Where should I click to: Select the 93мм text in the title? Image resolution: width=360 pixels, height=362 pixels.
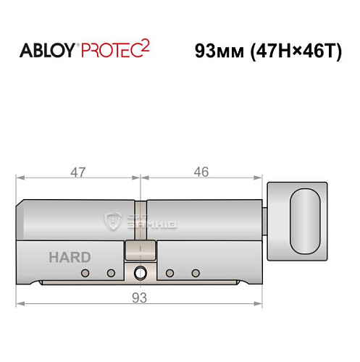pos(221,53)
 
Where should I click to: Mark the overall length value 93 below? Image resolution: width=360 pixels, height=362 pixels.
pos(140,296)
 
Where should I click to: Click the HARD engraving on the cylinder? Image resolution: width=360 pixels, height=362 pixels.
pos(70,257)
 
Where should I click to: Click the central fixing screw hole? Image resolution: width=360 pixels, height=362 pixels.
pos(140,273)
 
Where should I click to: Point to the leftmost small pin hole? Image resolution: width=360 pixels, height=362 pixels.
pos(85,273)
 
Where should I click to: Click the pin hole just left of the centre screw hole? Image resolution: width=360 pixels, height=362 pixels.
pos(112,273)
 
